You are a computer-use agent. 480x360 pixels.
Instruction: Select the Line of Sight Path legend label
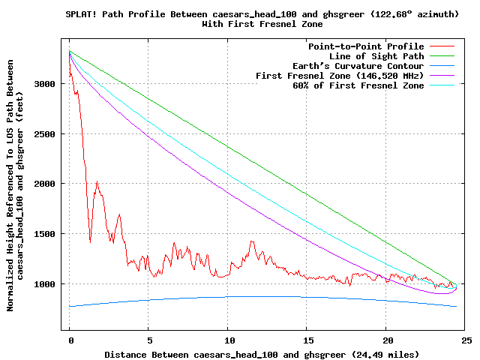[x=376, y=56]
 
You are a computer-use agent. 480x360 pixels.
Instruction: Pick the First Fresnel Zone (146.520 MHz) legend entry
[x=340, y=76]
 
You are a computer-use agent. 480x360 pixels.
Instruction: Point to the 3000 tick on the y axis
[x=46, y=84]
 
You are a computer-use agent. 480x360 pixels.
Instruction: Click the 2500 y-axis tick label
[x=46, y=133]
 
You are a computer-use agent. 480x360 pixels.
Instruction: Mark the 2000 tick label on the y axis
[x=46, y=184]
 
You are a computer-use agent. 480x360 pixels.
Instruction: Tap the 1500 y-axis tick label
[x=46, y=234]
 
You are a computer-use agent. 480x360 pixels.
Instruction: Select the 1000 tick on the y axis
[x=46, y=283]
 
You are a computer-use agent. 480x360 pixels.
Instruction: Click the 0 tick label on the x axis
[x=70, y=340]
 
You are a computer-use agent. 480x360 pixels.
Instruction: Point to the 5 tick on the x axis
[x=149, y=340]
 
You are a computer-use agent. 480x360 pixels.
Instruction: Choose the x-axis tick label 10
[x=228, y=340]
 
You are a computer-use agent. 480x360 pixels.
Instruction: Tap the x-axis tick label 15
[x=307, y=340]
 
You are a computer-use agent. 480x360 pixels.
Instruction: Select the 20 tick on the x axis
[x=387, y=340]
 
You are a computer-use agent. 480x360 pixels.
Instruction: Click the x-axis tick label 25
[x=466, y=340]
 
